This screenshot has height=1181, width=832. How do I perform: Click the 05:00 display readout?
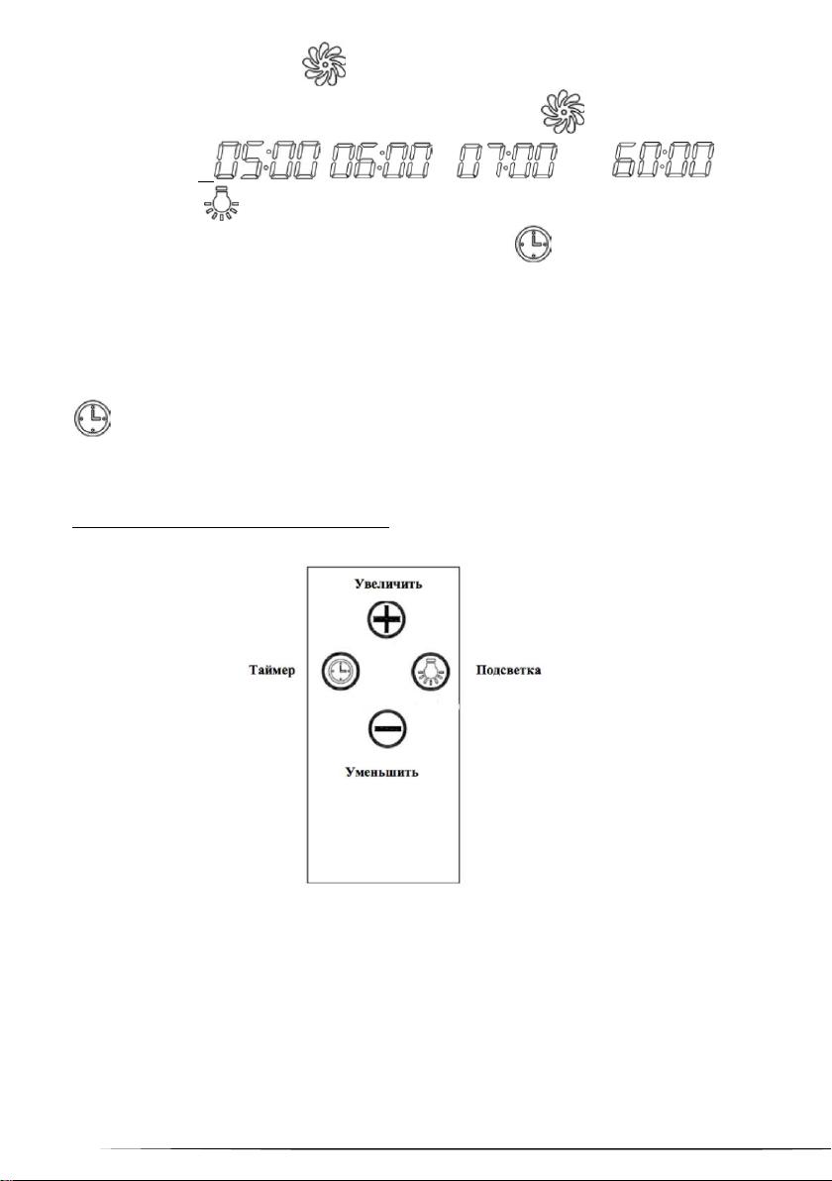(x=268, y=160)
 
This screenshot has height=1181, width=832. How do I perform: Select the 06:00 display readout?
(x=381, y=160)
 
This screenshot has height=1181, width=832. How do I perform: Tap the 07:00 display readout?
(x=507, y=160)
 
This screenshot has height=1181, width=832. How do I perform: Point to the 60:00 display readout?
(x=663, y=160)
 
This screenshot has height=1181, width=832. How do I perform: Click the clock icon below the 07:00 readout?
(x=534, y=245)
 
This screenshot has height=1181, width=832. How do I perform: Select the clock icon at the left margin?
(x=92, y=419)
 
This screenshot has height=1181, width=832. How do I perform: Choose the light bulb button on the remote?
(x=430, y=670)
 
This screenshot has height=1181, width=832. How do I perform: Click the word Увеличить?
(x=388, y=584)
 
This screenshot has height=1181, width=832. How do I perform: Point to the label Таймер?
(x=271, y=670)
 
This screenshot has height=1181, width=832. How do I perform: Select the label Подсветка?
(x=508, y=670)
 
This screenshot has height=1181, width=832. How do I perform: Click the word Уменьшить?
(x=381, y=772)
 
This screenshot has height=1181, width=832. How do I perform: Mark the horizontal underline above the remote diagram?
(x=231, y=528)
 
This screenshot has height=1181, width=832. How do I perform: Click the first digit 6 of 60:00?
(x=626, y=160)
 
